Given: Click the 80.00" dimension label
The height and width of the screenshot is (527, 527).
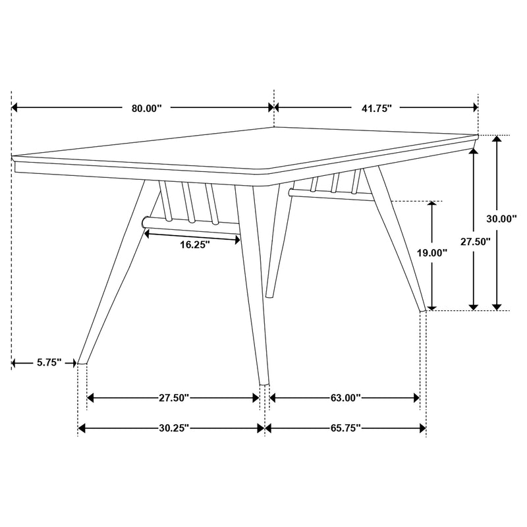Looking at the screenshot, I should (x=146, y=109).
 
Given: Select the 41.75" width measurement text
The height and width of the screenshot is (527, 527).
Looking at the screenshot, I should (x=377, y=109).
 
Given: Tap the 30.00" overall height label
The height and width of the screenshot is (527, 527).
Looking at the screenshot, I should (x=501, y=219).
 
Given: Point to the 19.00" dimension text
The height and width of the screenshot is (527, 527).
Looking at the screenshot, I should (x=431, y=252).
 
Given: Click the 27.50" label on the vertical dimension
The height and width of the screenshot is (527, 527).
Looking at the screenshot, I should (x=475, y=242).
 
